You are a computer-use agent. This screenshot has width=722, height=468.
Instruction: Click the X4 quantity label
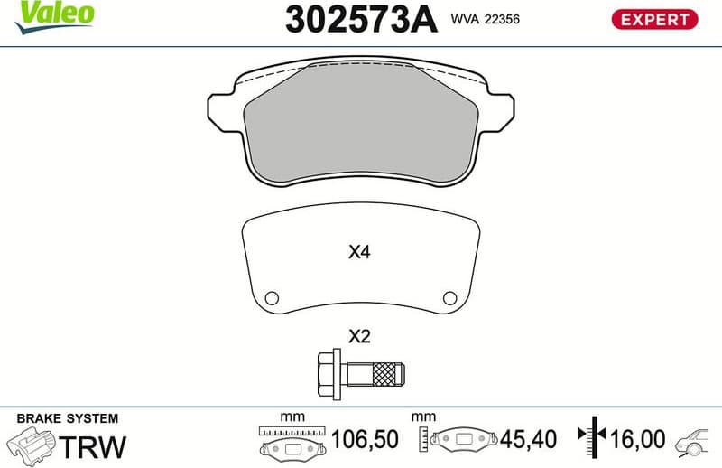[360, 253]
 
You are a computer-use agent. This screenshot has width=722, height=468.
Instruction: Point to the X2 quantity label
[360, 337]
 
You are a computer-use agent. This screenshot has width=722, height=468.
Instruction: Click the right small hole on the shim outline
[449, 298]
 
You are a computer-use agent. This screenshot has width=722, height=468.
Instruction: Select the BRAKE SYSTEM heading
[68, 418]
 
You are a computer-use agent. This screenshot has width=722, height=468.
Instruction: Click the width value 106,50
[366, 440]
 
